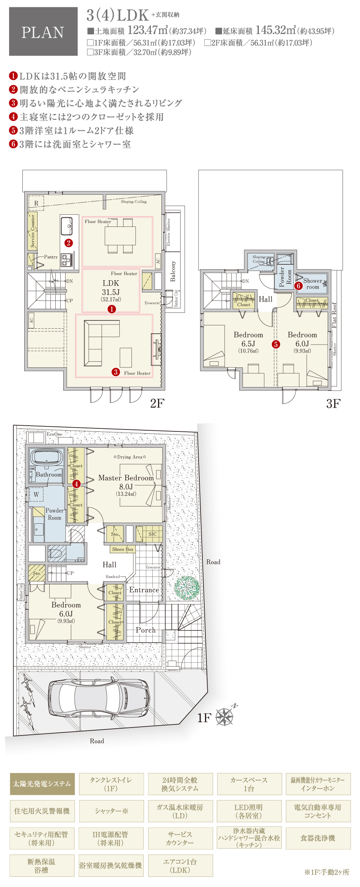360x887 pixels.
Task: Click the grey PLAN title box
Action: coord(43,32)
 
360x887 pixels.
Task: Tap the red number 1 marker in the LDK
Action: coord(112,309)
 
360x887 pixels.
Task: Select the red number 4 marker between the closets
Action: coord(76,484)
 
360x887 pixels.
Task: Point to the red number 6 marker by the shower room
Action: coord(299,286)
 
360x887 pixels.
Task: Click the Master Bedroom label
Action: coord(126,478)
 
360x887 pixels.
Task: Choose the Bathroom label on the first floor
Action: coord(49,475)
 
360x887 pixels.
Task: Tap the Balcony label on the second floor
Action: coord(173,271)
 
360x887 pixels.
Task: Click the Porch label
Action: coord(146,630)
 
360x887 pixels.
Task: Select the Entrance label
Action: coord(144,590)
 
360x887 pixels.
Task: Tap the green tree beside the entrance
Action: coord(187,587)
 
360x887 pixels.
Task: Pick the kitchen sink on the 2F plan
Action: coord(67,226)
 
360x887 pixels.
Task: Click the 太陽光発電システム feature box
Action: coord(42,784)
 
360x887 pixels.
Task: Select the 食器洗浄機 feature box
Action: coord(318,838)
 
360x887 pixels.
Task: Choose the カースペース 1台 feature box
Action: coord(249,784)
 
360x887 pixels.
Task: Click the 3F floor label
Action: coord(333,404)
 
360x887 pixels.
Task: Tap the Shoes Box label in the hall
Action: coord(123,549)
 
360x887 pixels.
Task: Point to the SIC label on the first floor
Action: coord(152,534)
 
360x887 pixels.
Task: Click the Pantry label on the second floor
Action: coord(51,257)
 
